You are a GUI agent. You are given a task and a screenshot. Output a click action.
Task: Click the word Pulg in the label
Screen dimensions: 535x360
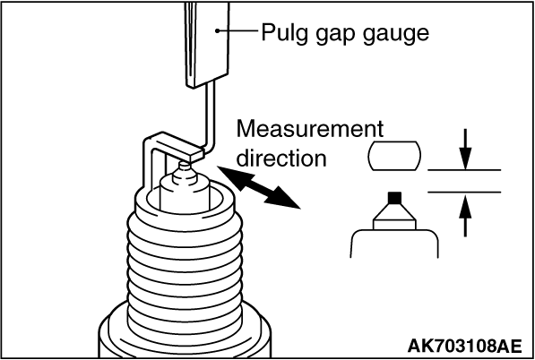point(282,33)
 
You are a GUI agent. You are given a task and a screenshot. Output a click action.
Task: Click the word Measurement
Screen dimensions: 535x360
point(310,129)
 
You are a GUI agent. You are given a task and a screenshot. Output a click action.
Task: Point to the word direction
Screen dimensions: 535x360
point(281,158)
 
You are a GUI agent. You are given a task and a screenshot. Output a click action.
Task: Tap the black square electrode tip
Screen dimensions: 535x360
point(394,198)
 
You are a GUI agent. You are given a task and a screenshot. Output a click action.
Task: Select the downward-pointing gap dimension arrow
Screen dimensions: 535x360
point(465,149)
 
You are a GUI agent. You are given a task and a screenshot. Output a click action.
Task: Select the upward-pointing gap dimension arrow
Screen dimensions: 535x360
point(465,214)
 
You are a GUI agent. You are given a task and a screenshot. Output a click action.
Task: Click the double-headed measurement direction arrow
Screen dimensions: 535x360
point(259,187)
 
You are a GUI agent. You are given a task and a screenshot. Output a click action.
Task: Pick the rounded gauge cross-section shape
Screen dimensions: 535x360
point(394,156)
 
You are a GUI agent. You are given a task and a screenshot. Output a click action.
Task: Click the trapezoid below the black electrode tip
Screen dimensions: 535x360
point(394,212)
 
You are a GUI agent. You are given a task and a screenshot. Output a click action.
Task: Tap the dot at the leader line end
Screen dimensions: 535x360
point(218,30)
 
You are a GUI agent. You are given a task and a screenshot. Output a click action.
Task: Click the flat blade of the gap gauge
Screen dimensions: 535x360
point(207,43)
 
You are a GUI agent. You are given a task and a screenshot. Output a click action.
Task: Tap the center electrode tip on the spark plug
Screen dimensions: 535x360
point(185,166)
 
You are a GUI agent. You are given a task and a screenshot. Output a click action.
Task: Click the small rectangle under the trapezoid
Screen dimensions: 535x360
point(394,225)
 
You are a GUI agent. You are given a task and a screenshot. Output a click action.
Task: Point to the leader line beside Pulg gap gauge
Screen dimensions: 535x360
point(238,30)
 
